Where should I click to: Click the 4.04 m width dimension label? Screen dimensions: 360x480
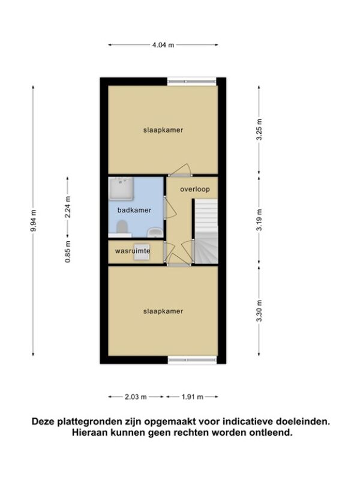(x=163, y=45)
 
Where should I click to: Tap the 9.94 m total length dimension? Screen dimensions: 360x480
(x=34, y=220)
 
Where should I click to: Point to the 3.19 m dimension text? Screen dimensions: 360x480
(x=259, y=220)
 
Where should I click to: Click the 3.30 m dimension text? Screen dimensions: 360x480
(x=259, y=311)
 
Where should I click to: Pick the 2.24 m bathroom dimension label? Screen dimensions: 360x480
(x=68, y=207)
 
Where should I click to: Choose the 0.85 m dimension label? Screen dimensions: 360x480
(x=68, y=251)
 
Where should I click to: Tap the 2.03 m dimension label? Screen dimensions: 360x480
(x=136, y=397)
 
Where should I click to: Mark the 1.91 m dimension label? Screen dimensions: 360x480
(x=192, y=397)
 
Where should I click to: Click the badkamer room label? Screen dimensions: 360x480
(x=134, y=211)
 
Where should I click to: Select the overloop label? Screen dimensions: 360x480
(x=195, y=189)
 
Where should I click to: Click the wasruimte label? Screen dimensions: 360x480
(x=133, y=251)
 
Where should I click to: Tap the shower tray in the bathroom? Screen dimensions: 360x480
(x=121, y=188)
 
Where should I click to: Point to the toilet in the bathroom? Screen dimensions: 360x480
(x=122, y=227)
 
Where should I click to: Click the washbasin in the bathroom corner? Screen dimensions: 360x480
(x=155, y=233)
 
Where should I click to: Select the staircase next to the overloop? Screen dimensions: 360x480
(x=206, y=231)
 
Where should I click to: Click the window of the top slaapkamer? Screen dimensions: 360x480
(x=192, y=81)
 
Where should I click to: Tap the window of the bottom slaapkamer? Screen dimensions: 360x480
(x=193, y=360)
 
